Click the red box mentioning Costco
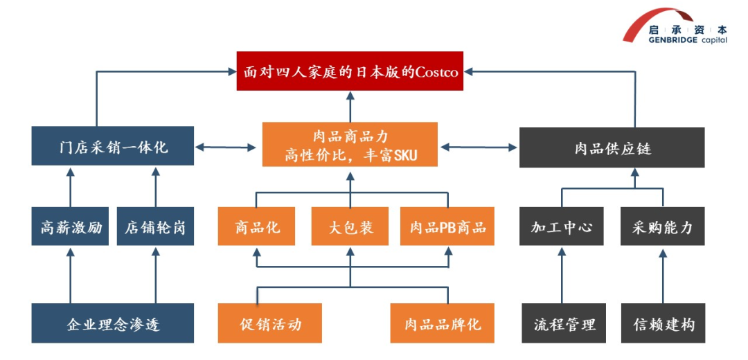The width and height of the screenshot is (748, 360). [350, 71]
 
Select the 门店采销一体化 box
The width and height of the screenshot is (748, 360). [113, 147]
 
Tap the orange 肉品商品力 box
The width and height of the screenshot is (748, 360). [350, 144]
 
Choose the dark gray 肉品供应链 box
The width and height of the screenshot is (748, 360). [612, 147]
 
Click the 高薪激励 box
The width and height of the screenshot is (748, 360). [70, 226]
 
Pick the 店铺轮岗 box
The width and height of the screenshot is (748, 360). [155, 226]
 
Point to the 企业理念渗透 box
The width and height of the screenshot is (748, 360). [113, 323]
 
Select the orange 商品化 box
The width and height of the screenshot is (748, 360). [258, 226]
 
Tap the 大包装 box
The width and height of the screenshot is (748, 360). [350, 226]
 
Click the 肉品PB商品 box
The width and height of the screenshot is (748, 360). [447, 226]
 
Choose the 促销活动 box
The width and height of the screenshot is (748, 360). [271, 323]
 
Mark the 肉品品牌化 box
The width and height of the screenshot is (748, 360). [443, 323]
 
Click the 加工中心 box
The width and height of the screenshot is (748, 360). [562, 226]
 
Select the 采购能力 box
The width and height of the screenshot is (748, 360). [662, 226]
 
